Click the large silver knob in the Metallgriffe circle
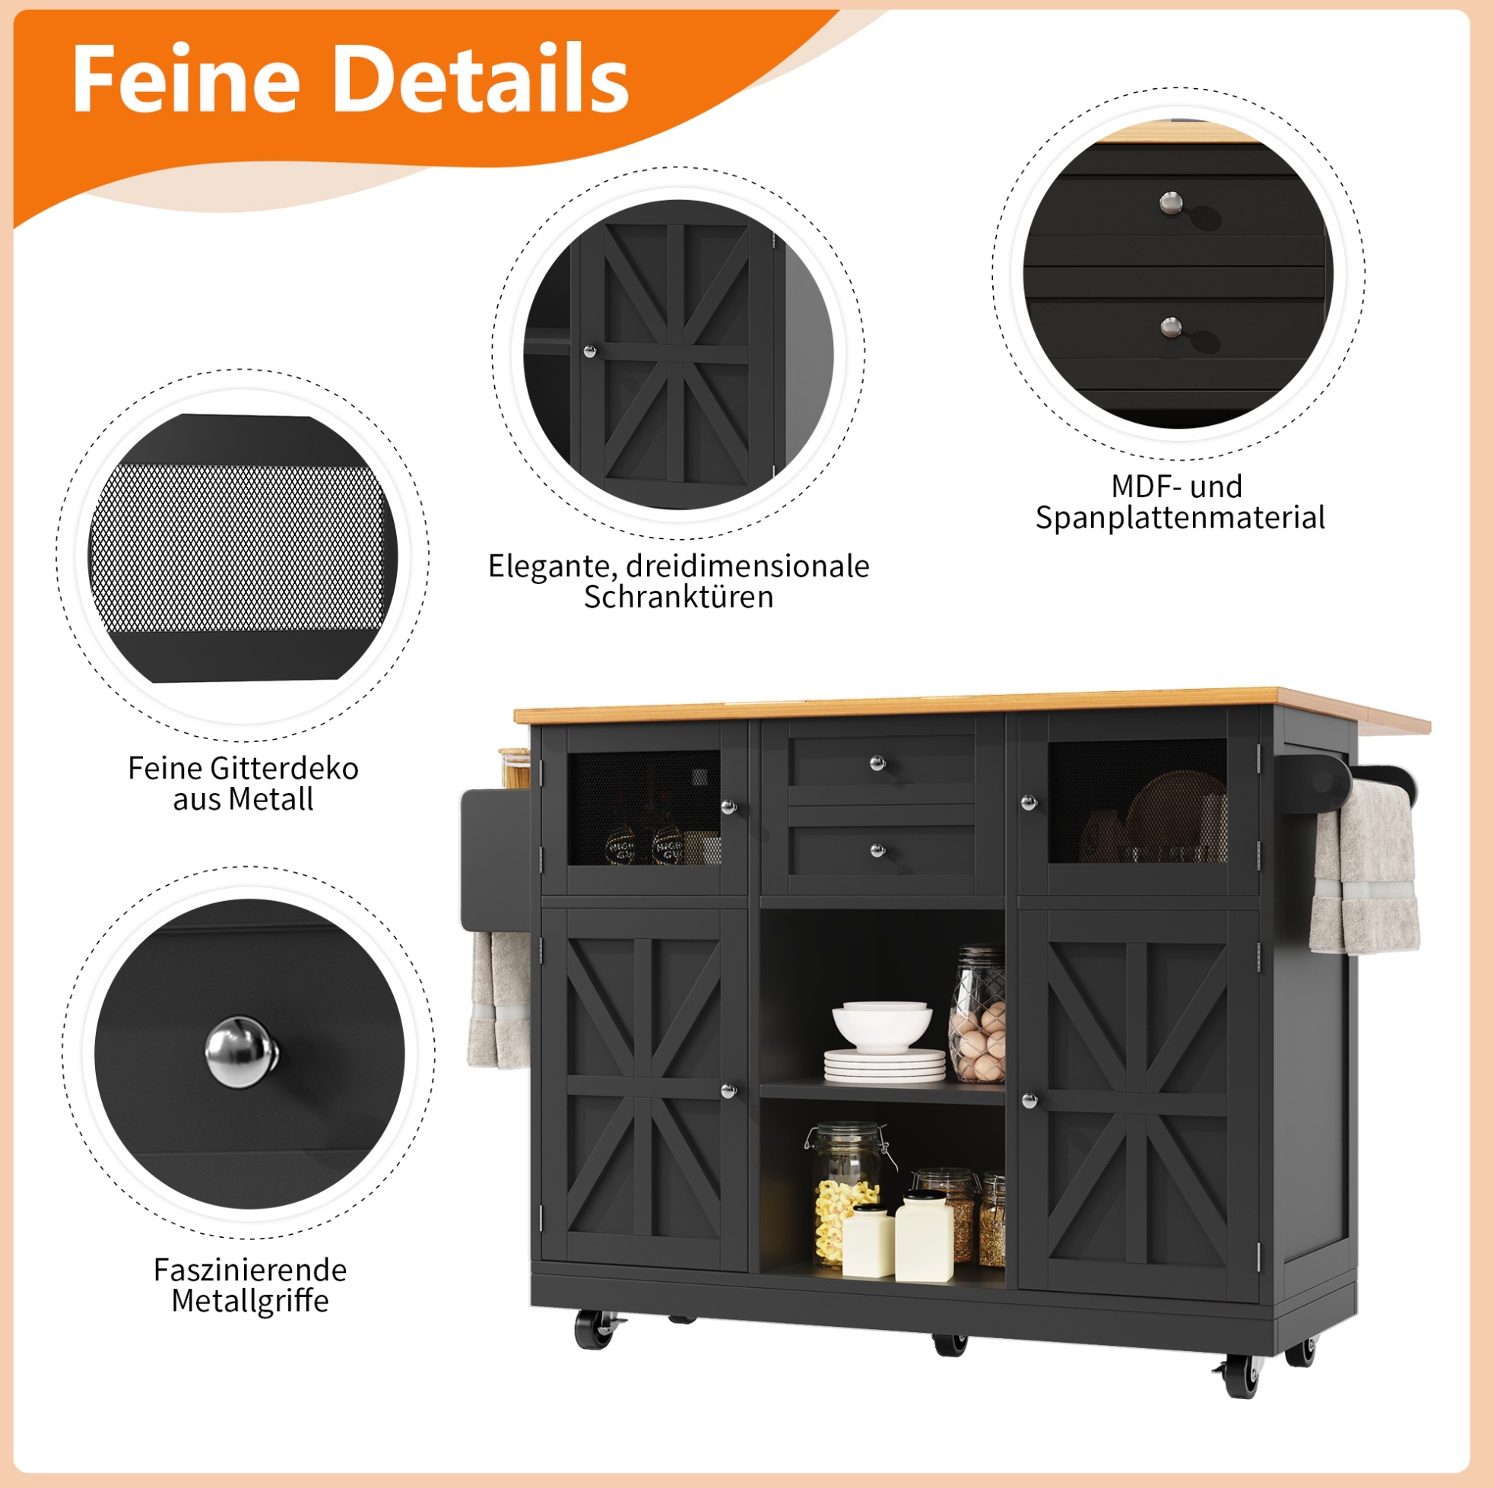[242, 1052]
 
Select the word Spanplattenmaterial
[1180, 518]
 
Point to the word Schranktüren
[678, 597]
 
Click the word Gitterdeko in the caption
[284, 768]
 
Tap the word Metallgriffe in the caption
[250, 1301]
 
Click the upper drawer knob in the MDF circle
[1172, 204]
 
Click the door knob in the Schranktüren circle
[589, 352]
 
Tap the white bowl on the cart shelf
[881, 1026]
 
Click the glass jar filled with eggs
[977, 1015]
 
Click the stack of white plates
[885, 1066]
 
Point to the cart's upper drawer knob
[877, 763]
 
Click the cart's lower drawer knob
[877, 851]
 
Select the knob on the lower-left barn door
[728, 1091]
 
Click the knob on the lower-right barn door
[1029, 1099]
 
